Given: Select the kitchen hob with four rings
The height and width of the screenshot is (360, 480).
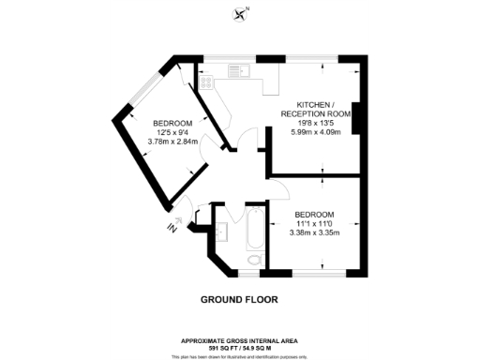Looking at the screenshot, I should point(206,80).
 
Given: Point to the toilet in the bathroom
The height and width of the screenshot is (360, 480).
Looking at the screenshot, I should point(252,260).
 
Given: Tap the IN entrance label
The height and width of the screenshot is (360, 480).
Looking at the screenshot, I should point(171,228).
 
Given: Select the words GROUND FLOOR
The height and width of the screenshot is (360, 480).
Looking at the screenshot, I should point(239,300).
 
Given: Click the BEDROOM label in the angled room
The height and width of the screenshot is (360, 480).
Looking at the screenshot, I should point(172,124).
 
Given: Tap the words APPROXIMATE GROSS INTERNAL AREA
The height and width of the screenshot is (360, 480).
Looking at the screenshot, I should point(239,340).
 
